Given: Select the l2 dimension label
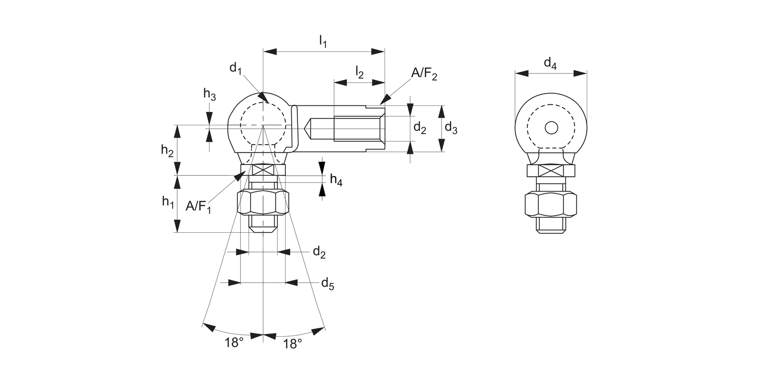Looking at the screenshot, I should (x=359, y=72).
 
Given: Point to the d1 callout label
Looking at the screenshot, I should (x=235, y=68).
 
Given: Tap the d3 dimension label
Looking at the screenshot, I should (x=451, y=128).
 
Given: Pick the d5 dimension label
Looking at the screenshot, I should (x=327, y=284).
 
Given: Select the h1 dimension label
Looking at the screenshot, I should (x=168, y=202).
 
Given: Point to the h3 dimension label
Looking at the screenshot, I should (x=209, y=94).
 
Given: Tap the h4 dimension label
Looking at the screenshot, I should (x=336, y=179).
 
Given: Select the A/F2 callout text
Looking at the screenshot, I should (x=424, y=75).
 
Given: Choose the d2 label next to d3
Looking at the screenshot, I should (x=420, y=128).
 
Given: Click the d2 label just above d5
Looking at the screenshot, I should (x=319, y=252).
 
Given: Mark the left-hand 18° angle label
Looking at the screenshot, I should (x=234, y=343).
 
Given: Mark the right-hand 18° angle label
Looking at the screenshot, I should (x=292, y=344).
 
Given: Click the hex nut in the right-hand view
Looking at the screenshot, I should (x=551, y=205).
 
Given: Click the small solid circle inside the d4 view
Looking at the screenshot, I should (x=551, y=128).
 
